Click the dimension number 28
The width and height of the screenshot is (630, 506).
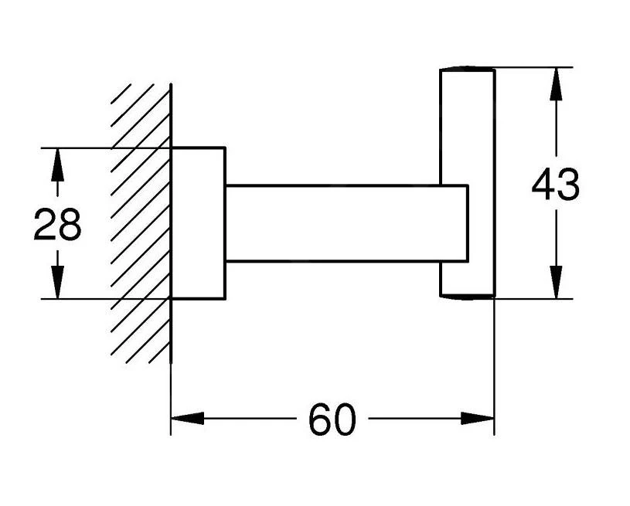[x=57, y=225]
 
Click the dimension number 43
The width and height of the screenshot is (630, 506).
[x=555, y=185]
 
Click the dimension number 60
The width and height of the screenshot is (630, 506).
[x=332, y=419]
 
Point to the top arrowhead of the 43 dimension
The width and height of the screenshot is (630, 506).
[x=555, y=85]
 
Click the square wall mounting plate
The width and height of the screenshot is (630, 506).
[x=198, y=222]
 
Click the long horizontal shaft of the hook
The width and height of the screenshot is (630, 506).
[x=332, y=222]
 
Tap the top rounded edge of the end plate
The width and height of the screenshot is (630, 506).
[x=467, y=70]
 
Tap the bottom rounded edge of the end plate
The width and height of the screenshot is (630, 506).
[x=467, y=297]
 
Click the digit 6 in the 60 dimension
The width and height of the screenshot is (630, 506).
[x=320, y=419]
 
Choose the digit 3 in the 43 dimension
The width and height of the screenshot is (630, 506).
[x=567, y=185]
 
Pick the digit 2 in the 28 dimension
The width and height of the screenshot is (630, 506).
[x=45, y=225]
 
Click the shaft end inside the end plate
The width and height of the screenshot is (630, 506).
[x=455, y=222]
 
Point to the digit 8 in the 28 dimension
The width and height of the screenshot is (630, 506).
[x=70, y=225]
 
